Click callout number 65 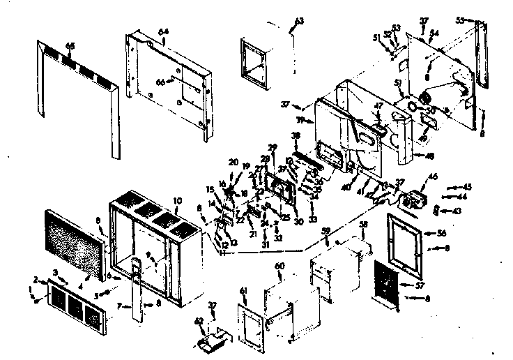70,45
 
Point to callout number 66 160,82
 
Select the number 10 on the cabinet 178,201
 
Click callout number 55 459,21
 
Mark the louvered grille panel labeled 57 385,283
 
